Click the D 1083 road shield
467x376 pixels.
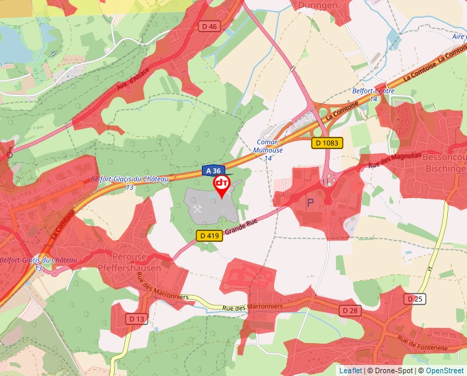point(326,143)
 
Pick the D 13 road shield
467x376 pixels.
point(137,319)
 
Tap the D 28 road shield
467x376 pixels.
point(350,311)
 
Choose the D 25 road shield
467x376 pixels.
point(415,299)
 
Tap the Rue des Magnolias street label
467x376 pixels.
point(394,161)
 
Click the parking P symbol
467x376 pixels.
point(309,202)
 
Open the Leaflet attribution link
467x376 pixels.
point(350,371)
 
